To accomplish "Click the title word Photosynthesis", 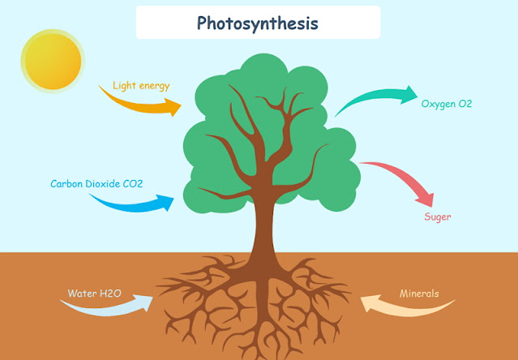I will point(258,23).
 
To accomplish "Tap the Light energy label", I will point(141,85).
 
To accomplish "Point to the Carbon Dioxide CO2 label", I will point(96,184).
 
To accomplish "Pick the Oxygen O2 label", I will point(446,104).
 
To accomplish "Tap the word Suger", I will point(437,216).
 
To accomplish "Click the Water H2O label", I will point(95,293).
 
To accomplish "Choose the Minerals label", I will point(419,293).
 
